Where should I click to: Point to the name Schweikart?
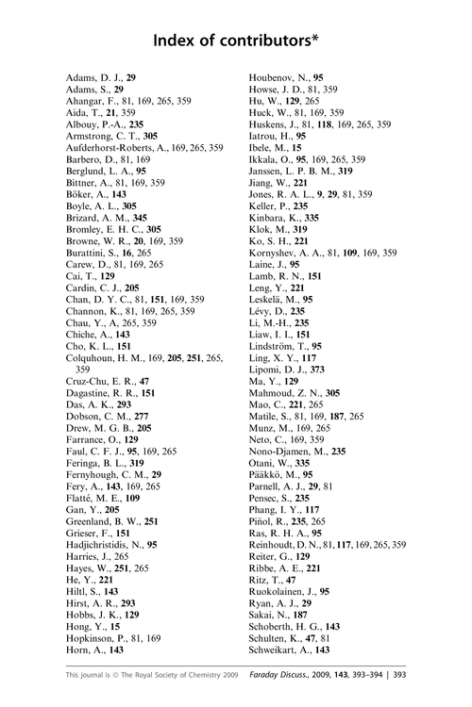pos(276,649)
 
